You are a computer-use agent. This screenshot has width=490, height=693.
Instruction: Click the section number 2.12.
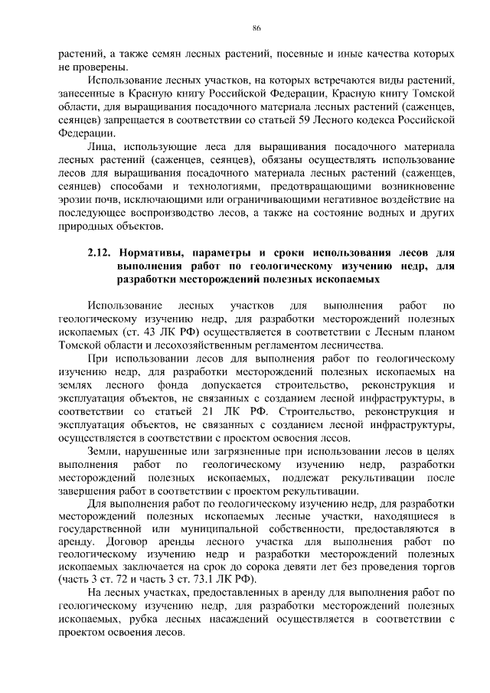(x=100, y=251)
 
